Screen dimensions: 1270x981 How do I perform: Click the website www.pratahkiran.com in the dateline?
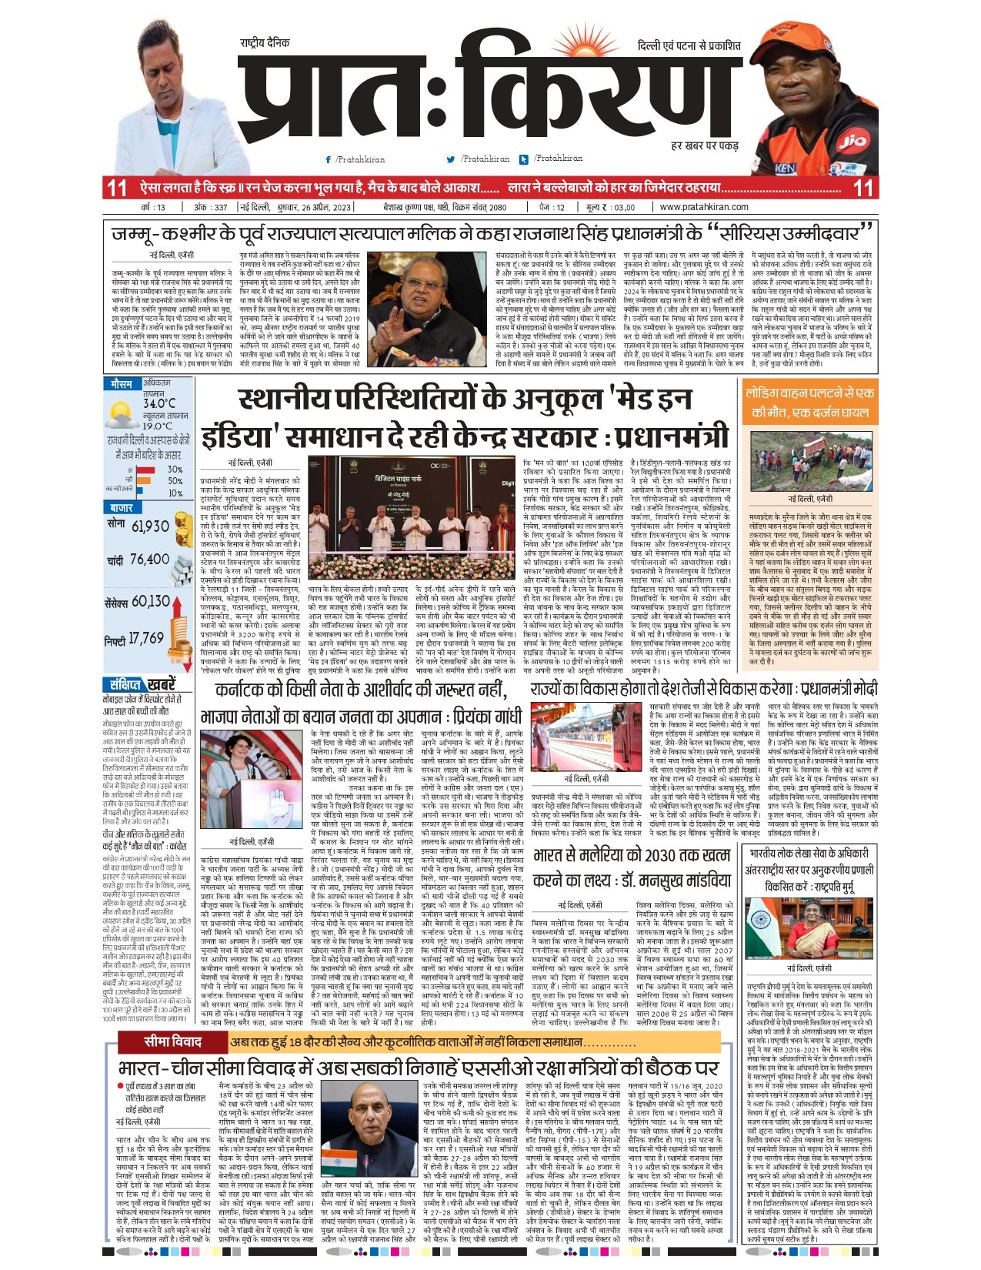click(x=704, y=206)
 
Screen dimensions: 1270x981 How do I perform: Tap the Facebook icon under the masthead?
click(x=329, y=159)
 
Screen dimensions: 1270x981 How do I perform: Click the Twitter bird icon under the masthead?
click(x=450, y=159)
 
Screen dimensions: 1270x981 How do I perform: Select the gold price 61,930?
click(x=150, y=526)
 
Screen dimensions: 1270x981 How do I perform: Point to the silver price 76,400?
click(x=149, y=560)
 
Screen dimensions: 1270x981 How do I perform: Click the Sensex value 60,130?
click(x=151, y=600)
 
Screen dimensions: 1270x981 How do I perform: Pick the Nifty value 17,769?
click(x=145, y=638)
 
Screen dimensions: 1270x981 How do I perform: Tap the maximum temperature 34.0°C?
click(x=158, y=403)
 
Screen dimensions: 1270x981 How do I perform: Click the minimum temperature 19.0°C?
click(x=158, y=426)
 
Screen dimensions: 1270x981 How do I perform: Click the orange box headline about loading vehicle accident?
click(x=810, y=402)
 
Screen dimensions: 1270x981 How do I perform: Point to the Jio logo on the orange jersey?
click(x=853, y=142)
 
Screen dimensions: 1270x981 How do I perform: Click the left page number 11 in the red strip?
click(x=116, y=187)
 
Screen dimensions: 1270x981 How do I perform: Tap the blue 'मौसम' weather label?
click(x=121, y=383)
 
